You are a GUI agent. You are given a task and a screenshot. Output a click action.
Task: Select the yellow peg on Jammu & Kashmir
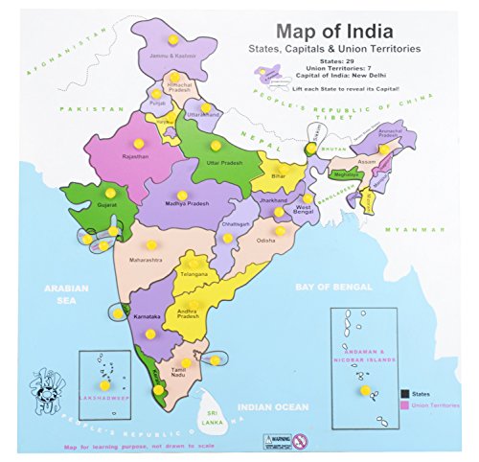click(171, 40)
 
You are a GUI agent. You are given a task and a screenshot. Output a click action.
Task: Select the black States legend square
click(406, 393)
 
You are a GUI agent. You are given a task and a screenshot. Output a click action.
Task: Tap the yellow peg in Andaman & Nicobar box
click(364, 390)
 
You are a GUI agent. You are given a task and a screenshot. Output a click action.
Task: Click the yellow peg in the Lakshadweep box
click(103, 385)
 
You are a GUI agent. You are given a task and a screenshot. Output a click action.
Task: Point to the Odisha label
click(266, 242)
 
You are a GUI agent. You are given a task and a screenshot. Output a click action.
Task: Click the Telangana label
click(193, 274)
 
